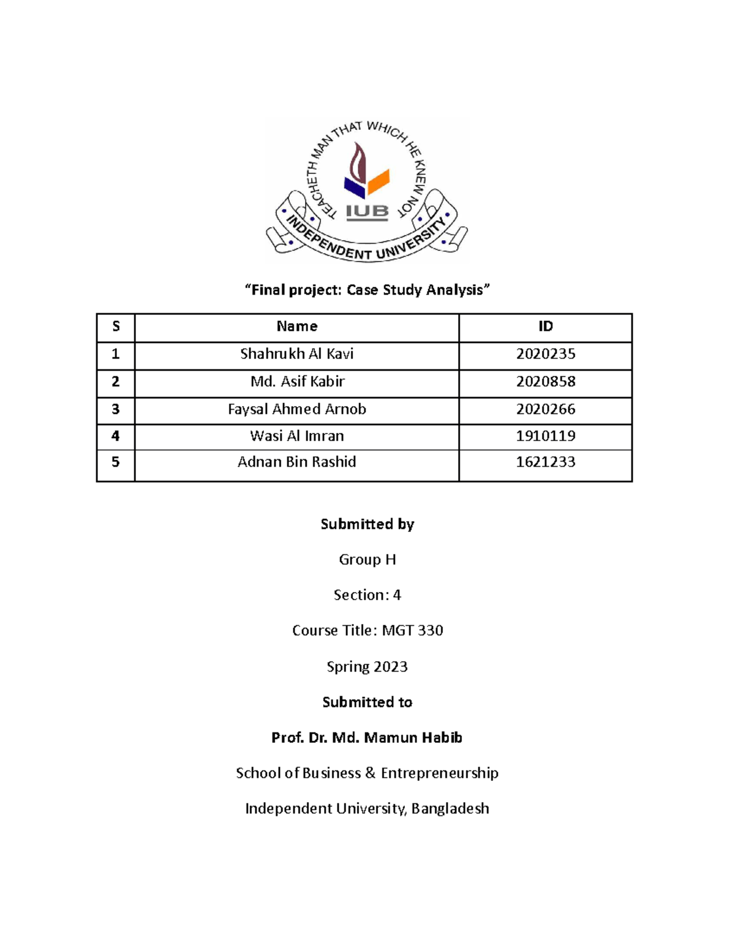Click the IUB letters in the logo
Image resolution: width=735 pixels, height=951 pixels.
click(367, 212)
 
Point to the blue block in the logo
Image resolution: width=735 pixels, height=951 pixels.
click(355, 186)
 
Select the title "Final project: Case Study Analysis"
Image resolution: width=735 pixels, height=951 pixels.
click(367, 290)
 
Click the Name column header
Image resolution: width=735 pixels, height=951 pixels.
click(296, 326)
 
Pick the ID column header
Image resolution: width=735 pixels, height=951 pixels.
click(545, 326)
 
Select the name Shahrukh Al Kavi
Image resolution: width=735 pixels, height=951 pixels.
click(296, 354)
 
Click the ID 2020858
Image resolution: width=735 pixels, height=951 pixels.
click(545, 382)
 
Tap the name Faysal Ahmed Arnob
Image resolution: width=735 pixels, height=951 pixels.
click(296, 409)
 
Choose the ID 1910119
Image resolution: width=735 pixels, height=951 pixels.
click(545, 436)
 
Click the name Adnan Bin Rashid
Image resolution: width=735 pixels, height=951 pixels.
click(296, 462)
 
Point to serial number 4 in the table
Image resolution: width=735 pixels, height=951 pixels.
click(115, 436)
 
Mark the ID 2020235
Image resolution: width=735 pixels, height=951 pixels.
click(545, 354)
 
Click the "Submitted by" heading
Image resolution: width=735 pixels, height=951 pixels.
click(367, 524)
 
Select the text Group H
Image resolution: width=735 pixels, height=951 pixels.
click(367, 560)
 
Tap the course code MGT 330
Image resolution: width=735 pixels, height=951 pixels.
click(412, 630)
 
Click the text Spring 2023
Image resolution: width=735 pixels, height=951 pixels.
click(367, 666)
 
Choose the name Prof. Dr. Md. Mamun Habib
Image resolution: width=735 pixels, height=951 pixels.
click(367, 737)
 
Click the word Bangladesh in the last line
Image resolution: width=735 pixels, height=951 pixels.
click(450, 808)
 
